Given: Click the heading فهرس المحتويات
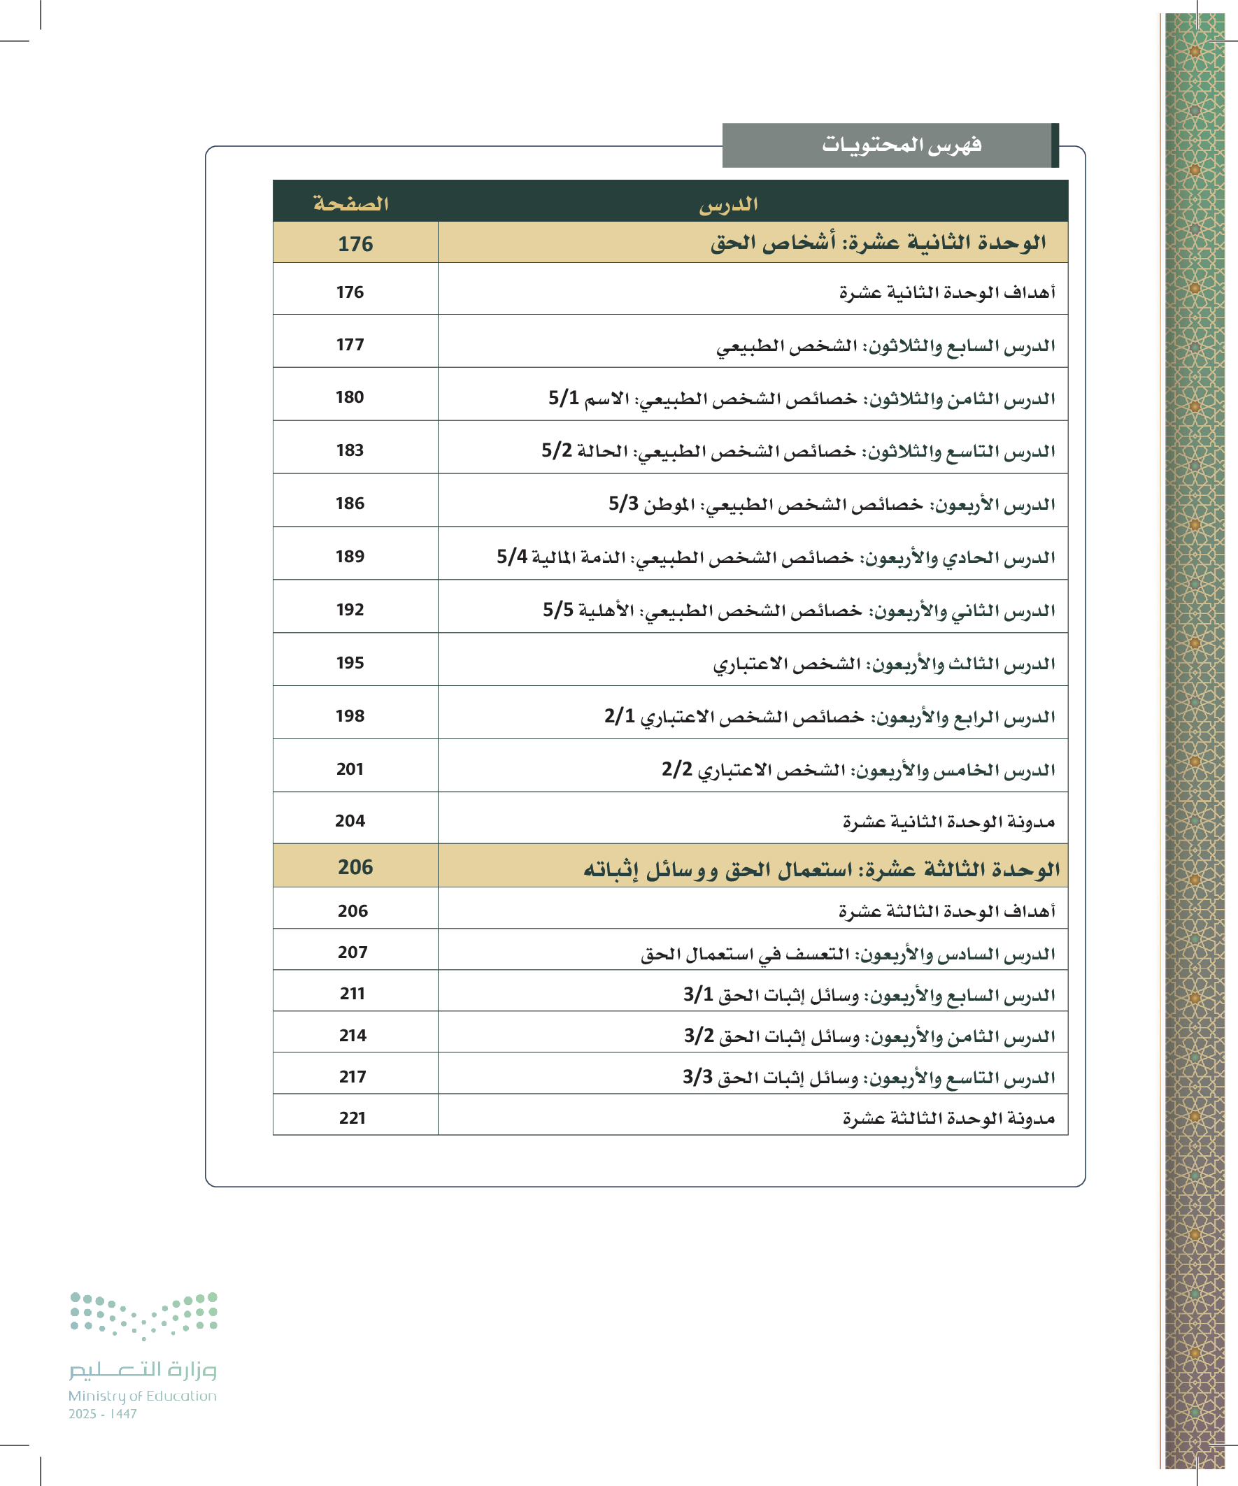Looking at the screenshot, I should (901, 145).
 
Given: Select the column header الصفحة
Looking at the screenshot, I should (351, 203).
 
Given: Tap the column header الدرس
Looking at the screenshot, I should (728, 204).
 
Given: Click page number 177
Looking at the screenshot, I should (350, 345).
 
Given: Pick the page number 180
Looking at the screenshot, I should (350, 397).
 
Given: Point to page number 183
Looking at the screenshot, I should (350, 450).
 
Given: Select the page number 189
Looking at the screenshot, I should (350, 556).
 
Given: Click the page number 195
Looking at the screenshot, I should (350, 662).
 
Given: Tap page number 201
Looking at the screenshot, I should (350, 769).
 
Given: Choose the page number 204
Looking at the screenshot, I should (350, 821).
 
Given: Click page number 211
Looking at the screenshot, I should (353, 994).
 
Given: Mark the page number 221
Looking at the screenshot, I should (353, 1118).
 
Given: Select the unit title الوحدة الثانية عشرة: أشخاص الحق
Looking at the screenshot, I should (878, 243).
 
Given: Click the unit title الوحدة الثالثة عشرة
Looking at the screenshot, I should (821, 869).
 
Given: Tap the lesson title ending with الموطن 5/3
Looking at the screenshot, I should (832, 504).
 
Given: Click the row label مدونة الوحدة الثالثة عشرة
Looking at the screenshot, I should (948, 1118).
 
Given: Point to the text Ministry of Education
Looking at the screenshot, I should (142, 1395).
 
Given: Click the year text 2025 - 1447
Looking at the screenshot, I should (103, 1414).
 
